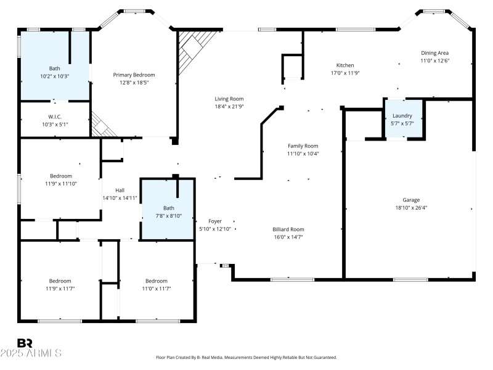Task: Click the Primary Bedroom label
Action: pos(134,75)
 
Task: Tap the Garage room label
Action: pos(411,200)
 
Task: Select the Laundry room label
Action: pos(402,115)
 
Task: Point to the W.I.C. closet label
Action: pos(55,117)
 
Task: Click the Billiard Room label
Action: pos(288,229)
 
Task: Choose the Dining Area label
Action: pos(435,53)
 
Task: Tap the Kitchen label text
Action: pos(344,65)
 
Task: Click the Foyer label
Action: pos(214,221)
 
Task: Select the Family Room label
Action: pos(303,146)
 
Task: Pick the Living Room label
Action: pos(229,99)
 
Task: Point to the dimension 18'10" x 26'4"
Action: pos(411,208)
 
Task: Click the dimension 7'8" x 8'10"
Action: pos(168,215)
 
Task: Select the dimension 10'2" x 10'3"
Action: pos(55,76)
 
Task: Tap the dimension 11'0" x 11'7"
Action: pos(157,289)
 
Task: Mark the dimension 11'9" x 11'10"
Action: pos(61,183)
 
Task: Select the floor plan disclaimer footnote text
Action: pos(246,357)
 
